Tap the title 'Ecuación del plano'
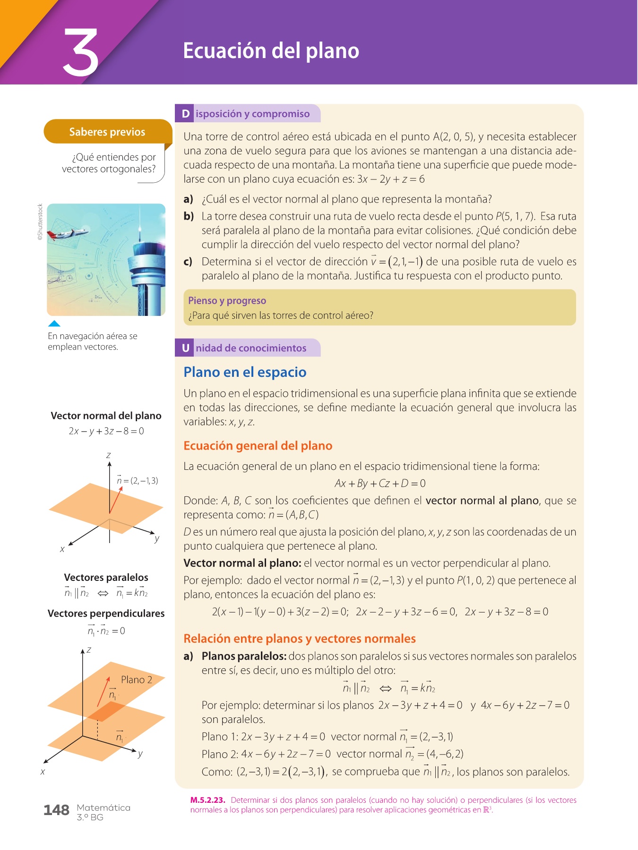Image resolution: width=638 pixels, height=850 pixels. [271, 51]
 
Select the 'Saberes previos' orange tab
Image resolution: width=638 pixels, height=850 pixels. [107, 132]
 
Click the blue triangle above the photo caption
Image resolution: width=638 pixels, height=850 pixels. [54, 323]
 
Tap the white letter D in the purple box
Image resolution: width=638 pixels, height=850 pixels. [185, 114]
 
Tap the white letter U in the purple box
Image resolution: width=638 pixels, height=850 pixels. [185, 348]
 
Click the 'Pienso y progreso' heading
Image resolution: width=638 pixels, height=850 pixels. [227, 301]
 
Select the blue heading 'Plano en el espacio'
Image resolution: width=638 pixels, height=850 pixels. [245, 372]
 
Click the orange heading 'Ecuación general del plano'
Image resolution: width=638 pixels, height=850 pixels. [258, 446]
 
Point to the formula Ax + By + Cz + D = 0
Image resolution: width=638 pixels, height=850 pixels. [380, 483]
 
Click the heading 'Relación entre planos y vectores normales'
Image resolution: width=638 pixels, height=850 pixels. [299, 638]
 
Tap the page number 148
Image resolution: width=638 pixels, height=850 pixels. [56, 810]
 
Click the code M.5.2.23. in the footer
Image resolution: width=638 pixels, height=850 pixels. [207, 800]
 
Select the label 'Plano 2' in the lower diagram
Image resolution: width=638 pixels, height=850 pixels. [136, 680]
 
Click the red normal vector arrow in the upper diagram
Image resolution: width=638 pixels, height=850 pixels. [116, 499]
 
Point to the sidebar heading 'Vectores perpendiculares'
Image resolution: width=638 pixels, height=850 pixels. [106, 613]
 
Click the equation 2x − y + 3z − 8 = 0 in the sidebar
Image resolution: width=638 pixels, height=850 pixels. [106, 431]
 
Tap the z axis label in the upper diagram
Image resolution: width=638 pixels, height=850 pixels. [108, 455]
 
